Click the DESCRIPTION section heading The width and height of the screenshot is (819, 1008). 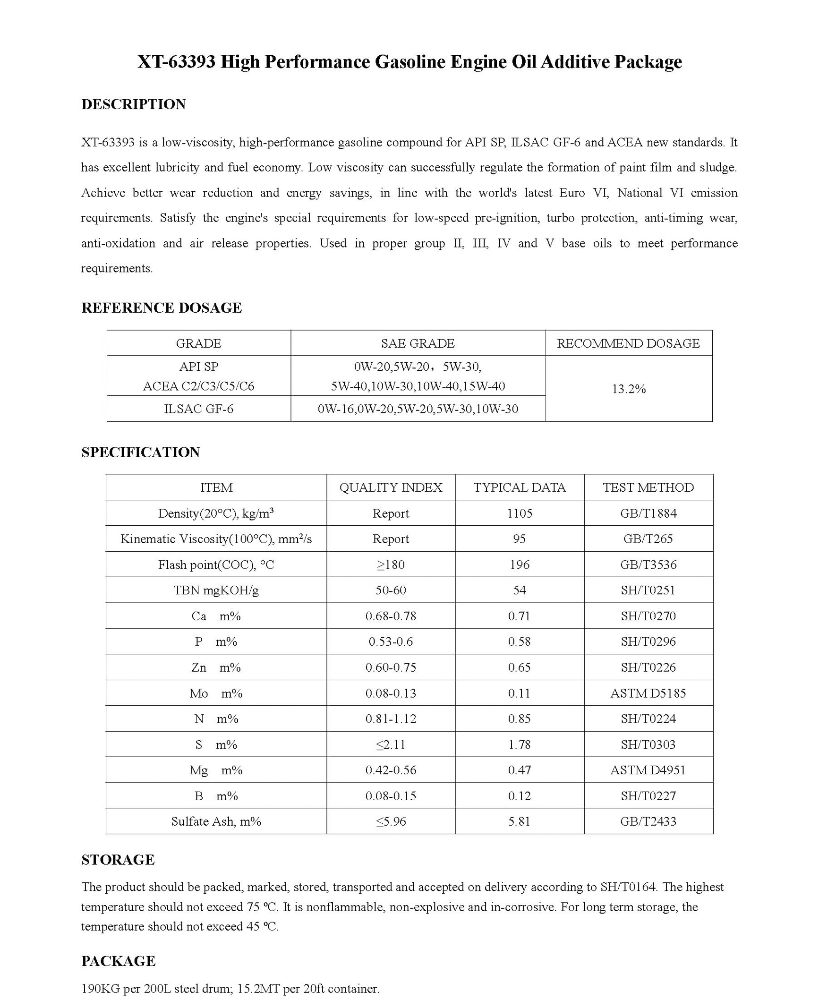tap(134, 104)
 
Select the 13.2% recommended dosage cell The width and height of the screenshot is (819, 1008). tap(628, 389)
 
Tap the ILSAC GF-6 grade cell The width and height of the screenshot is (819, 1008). tap(198, 409)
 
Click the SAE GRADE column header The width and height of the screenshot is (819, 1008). tap(418, 343)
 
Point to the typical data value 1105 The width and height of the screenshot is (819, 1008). tap(520, 513)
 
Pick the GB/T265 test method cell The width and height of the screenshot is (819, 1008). tap(648, 539)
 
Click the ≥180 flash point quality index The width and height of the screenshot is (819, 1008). tap(391, 565)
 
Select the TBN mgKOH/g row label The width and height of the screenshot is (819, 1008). tap(216, 590)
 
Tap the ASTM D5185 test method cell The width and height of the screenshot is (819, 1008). tap(648, 693)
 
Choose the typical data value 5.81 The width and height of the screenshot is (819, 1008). tap(520, 821)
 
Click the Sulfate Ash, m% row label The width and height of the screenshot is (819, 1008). tap(216, 821)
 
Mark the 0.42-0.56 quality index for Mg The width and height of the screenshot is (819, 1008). tap(391, 770)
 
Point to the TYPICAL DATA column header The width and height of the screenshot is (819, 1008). tap(520, 487)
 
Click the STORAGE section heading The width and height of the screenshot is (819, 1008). tap(118, 860)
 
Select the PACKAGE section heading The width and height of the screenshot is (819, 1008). tap(119, 961)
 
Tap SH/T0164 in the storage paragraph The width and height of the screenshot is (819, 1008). tap(628, 887)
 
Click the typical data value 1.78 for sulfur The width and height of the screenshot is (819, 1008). tap(520, 745)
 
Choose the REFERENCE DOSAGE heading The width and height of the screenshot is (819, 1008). tap(162, 308)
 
